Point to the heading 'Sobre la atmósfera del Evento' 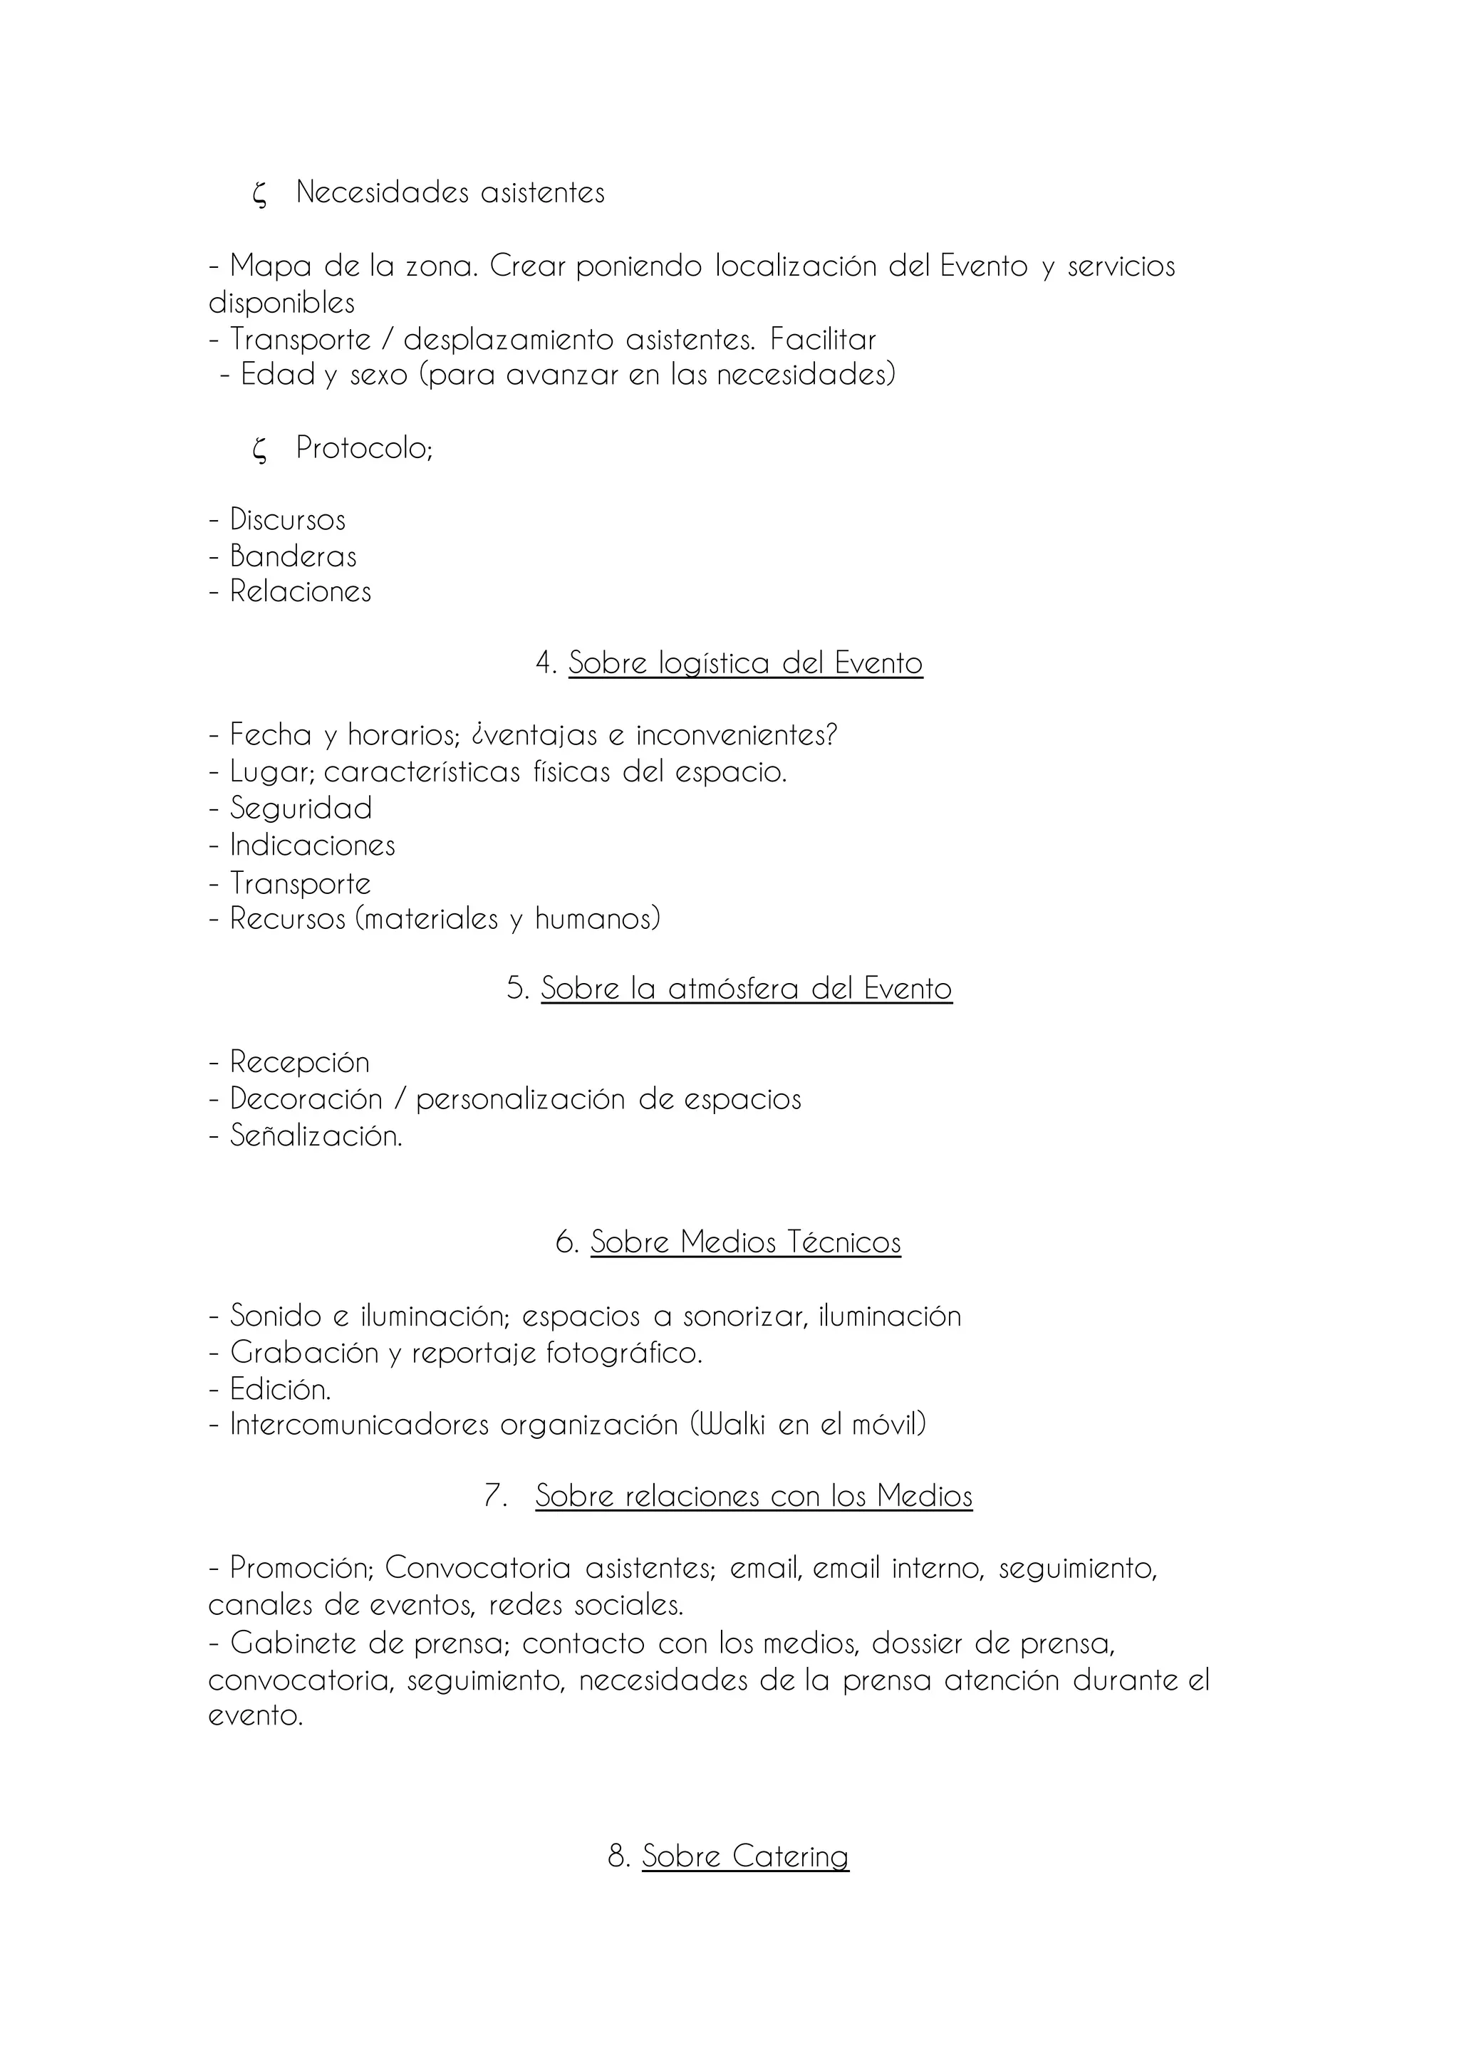tap(746, 989)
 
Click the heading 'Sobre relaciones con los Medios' tap(754, 1496)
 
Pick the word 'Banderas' tap(293, 556)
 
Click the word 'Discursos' tap(288, 519)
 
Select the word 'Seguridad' tap(301, 808)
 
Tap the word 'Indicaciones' tap(313, 845)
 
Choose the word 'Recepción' tap(299, 1062)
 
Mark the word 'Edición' tap(279, 1389)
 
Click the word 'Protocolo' tap(362, 447)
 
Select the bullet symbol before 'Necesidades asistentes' tap(259, 194)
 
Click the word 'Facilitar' tap(823, 340)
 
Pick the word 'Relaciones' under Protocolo tap(300, 591)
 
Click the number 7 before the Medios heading tap(496, 1496)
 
